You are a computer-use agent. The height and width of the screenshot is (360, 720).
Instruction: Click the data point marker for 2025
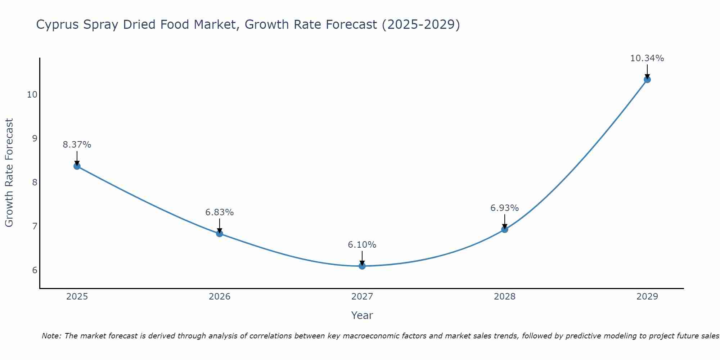tap(77, 166)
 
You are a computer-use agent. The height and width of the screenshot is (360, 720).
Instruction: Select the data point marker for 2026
tap(220, 234)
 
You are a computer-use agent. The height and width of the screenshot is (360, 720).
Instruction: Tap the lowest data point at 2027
tap(362, 266)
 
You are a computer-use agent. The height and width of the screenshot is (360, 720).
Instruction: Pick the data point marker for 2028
tap(505, 229)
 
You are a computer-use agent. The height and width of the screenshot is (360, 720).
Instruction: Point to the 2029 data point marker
tap(647, 80)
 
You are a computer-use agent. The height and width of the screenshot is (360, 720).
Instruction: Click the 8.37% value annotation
tap(77, 145)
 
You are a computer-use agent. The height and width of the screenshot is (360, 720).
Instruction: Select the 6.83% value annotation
tap(220, 212)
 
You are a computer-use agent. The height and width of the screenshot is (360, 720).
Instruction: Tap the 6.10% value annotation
tap(362, 245)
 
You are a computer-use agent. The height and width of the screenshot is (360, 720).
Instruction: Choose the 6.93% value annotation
tap(505, 208)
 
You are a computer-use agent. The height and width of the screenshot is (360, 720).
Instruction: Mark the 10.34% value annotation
tap(647, 58)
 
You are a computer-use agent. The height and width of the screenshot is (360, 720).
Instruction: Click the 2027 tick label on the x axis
tap(362, 297)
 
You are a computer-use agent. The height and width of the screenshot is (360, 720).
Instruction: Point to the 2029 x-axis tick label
tap(647, 297)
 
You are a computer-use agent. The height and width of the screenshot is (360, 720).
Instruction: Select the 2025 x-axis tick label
tap(77, 297)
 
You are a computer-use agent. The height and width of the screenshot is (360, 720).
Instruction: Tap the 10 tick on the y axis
tap(32, 95)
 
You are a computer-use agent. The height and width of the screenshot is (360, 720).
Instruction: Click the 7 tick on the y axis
tap(35, 226)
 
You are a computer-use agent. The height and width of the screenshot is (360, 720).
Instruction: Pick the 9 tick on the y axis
tap(35, 139)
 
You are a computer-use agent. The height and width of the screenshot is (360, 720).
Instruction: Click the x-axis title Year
tap(362, 315)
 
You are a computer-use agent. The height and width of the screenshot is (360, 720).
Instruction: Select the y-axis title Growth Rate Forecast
tap(9, 173)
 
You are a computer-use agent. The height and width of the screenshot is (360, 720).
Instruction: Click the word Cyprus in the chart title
tap(58, 25)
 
